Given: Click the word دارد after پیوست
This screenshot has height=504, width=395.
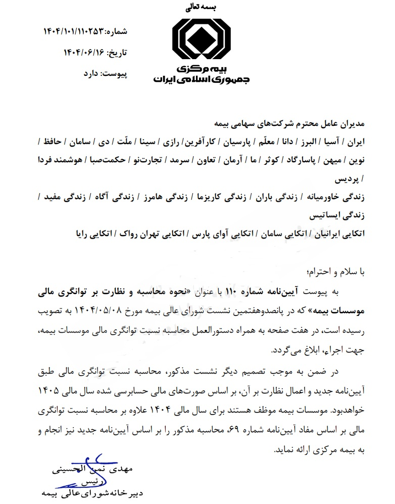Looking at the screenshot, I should tap(92, 74).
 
